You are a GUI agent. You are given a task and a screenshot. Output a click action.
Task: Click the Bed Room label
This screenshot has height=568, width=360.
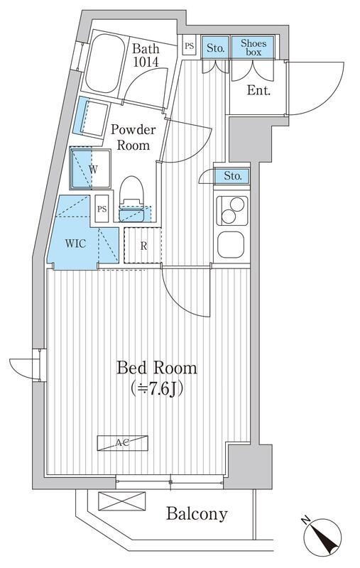pyautogui.click(x=156, y=368)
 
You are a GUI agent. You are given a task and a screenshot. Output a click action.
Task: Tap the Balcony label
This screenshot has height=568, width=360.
pyautogui.click(x=197, y=513)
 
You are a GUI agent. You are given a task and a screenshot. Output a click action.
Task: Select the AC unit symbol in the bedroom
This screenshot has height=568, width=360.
pyautogui.click(x=123, y=442)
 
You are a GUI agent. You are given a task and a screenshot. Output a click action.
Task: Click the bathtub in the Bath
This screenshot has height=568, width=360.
pyautogui.click(x=104, y=63)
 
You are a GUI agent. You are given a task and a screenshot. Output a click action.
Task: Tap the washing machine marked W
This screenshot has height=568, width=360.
pyautogui.click(x=90, y=168)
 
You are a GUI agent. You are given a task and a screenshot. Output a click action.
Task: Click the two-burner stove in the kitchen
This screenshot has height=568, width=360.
pyautogui.click(x=231, y=211)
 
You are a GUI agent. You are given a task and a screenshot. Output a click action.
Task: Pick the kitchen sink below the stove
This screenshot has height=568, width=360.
pyautogui.click(x=231, y=244)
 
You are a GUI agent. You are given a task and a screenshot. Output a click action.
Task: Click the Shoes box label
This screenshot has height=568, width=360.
pyautogui.click(x=253, y=48)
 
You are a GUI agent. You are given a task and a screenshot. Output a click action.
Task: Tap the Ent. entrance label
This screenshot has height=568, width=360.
pyautogui.click(x=258, y=90)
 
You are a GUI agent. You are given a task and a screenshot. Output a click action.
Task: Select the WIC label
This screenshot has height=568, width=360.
pyautogui.click(x=76, y=243)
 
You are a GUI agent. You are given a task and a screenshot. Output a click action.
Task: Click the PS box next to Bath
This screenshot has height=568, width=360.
pyautogui.click(x=189, y=45)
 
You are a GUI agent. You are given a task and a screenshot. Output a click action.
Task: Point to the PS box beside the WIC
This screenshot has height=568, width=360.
pyautogui.click(x=102, y=209)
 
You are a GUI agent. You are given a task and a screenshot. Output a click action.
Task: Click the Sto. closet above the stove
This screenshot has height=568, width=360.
pyautogui.click(x=231, y=176)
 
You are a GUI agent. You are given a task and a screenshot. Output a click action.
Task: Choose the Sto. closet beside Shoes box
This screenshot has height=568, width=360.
pyautogui.click(x=215, y=47)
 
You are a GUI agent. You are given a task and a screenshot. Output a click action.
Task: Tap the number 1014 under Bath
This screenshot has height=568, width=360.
pyautogui.click(x=146, y=62)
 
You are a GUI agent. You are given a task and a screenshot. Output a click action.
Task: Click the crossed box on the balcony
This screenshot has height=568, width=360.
pyautogui.click(x=121, y=501)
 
